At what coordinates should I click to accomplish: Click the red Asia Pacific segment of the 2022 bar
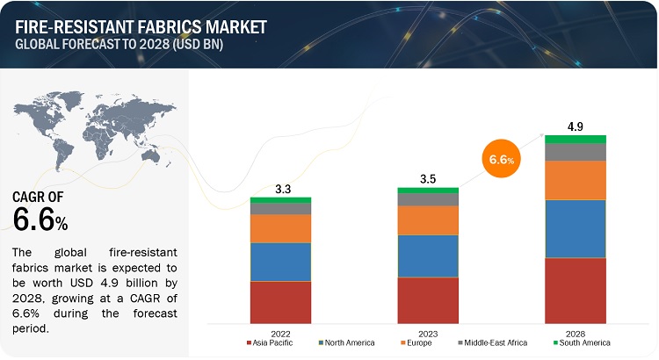click(280, 302)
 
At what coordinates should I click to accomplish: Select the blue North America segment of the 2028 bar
click(576, 228)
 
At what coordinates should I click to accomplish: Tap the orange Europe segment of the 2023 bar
click(428, 220)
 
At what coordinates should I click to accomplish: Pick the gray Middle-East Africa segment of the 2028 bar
click(576, 152)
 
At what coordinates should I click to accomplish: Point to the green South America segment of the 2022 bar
click(280, 200)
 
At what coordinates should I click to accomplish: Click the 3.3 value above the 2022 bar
click(280, 188)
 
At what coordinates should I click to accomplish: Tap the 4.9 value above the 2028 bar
click(576, 126)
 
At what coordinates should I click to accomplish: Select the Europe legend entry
click(419, 342)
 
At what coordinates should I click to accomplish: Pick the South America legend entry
click(581, 342)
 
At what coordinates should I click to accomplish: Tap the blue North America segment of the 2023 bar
click(428, 256)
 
